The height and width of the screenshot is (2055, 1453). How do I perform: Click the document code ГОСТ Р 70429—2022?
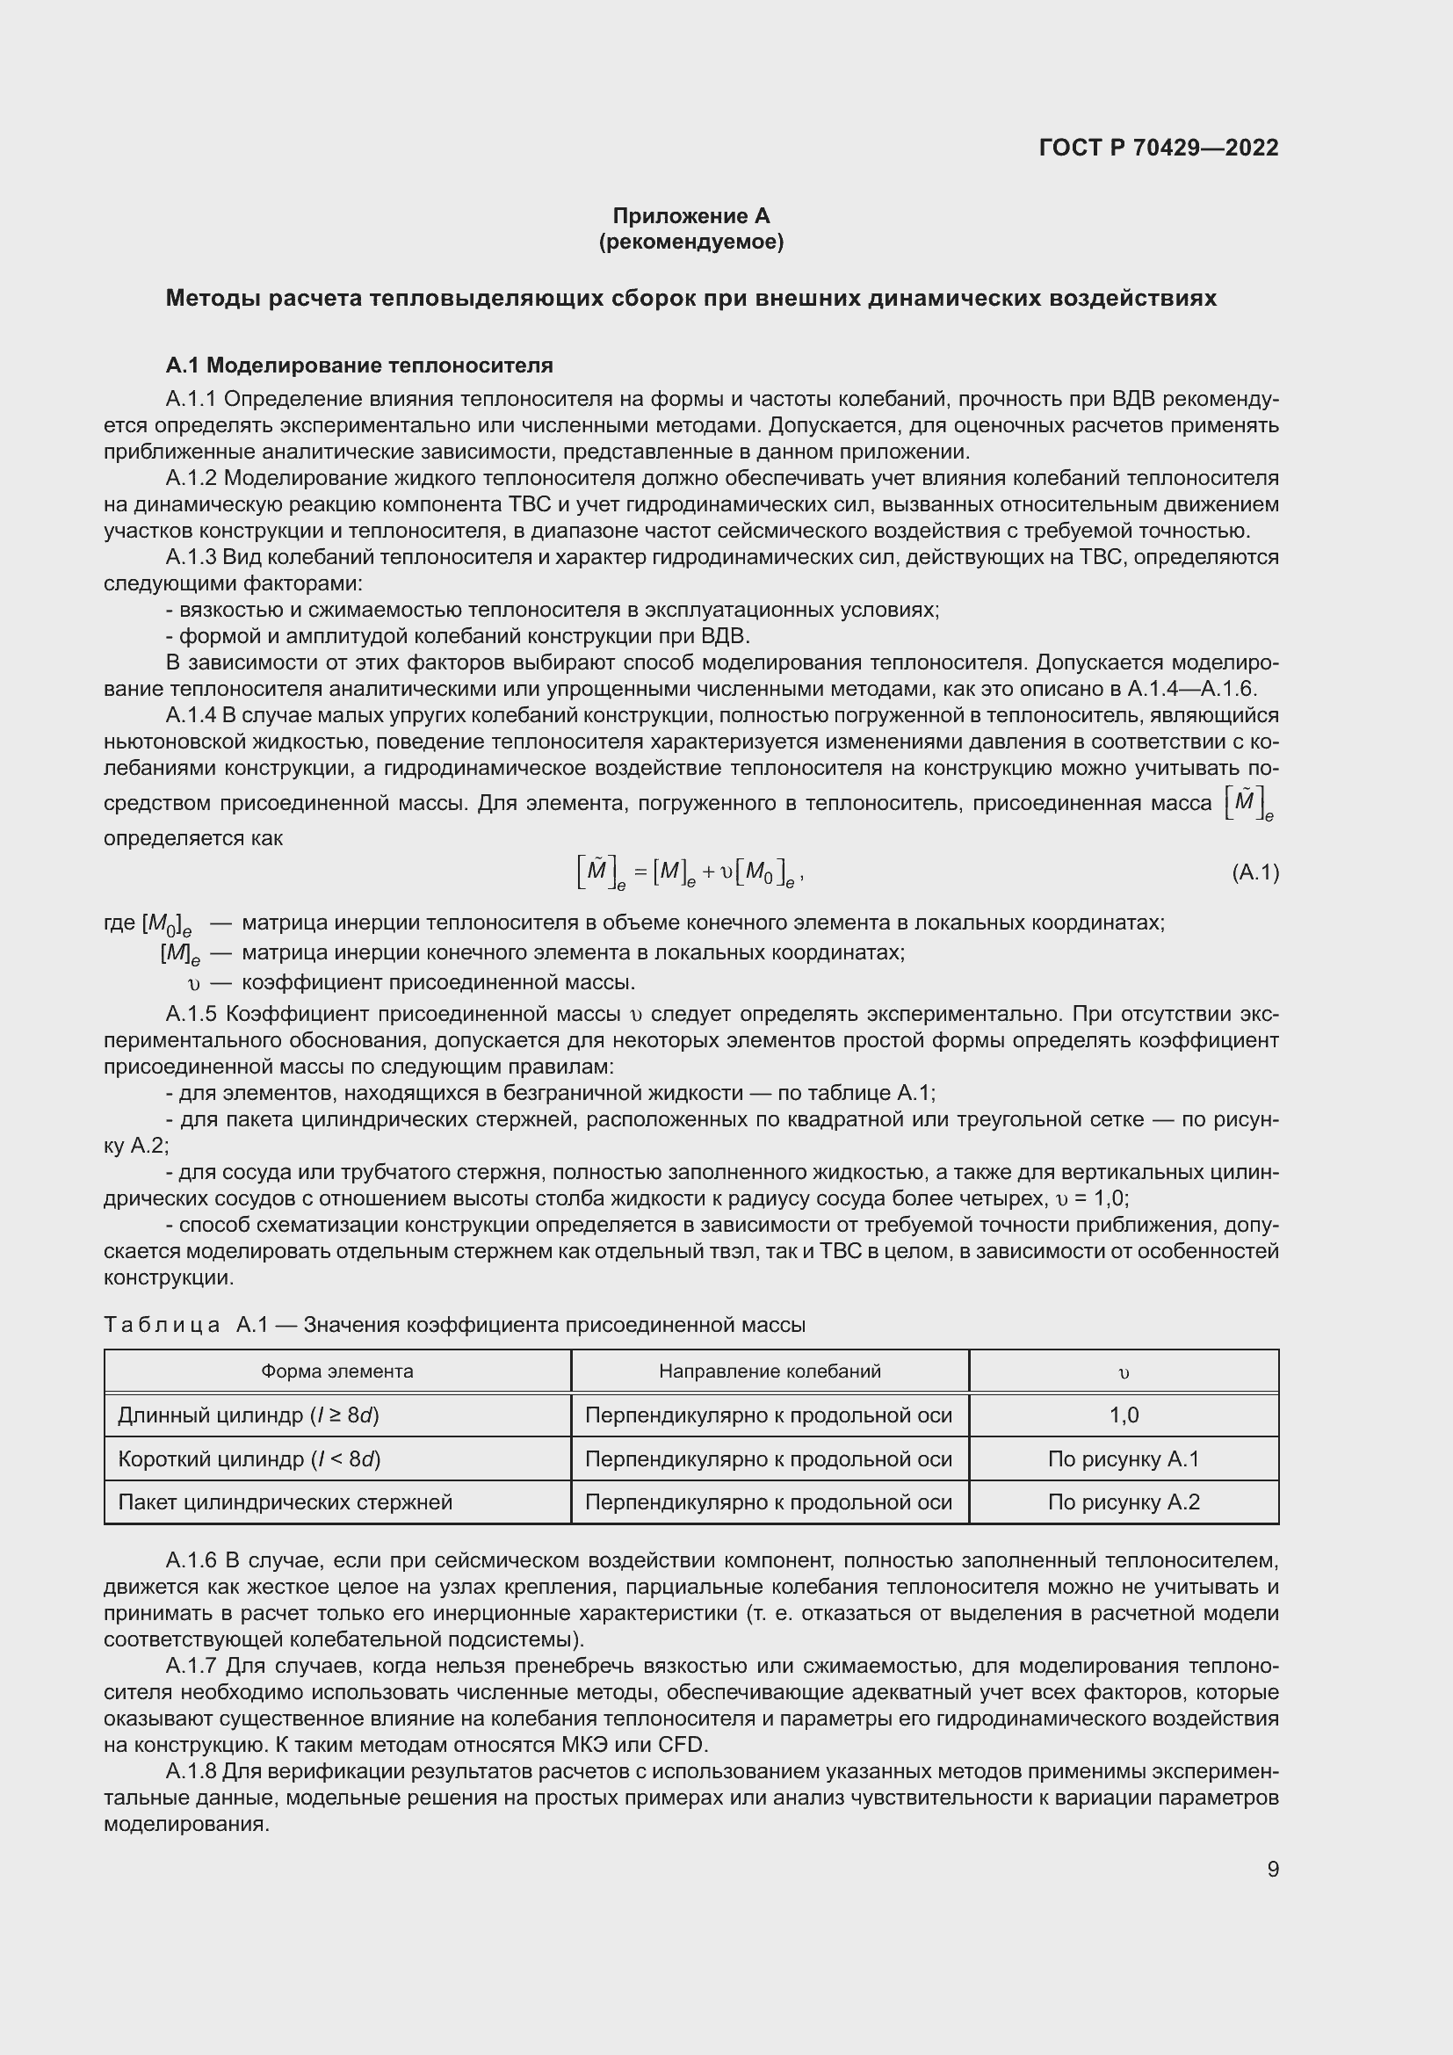1159,148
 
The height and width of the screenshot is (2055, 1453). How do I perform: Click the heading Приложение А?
690,216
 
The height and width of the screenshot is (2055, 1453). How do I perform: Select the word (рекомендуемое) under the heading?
690,242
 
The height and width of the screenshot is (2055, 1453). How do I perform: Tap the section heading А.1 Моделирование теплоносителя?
358,365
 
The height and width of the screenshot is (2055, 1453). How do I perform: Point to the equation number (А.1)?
1255,872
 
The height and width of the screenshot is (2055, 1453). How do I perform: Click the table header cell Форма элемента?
337,1371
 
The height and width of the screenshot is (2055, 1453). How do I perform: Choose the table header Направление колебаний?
770,1371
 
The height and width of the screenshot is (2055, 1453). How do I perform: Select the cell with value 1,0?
1124,1415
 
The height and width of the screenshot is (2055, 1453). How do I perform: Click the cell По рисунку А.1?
1124,1459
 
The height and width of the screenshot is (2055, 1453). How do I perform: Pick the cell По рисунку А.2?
1124,1501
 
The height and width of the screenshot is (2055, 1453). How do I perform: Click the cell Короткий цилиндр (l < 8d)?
249,1459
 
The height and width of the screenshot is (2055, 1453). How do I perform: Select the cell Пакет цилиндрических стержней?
285,1501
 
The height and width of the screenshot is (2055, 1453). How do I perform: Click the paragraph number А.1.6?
192,1561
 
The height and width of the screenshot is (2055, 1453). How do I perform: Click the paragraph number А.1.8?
192,1771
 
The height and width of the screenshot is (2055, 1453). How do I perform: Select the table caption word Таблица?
162,1325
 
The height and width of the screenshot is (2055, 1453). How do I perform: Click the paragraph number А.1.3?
192,557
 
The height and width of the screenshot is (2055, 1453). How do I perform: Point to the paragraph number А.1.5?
192,1014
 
